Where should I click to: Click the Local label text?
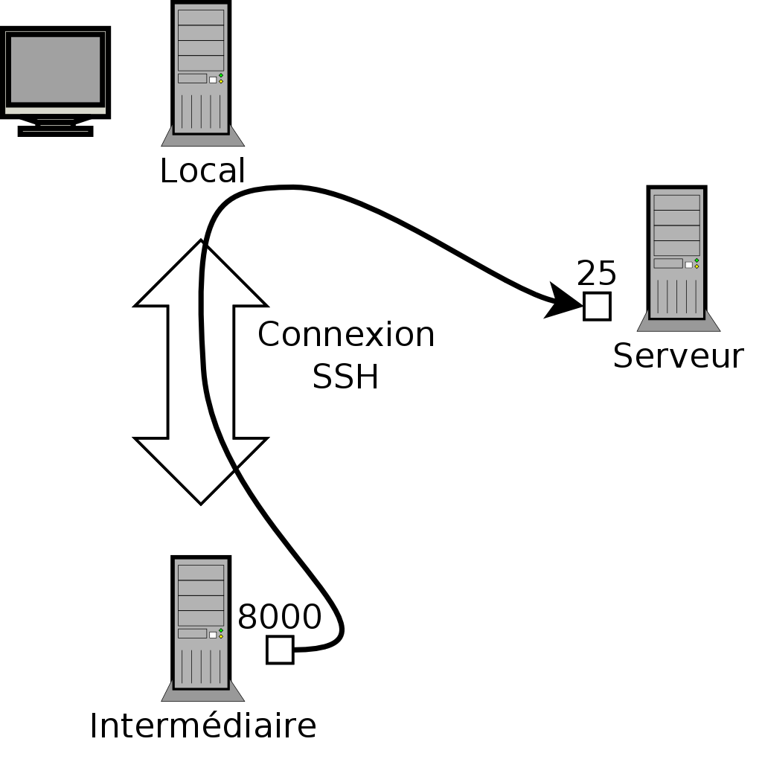click(x=202, y=170)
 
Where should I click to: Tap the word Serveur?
click(x=677, y=356)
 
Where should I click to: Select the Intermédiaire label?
click(x=202, y=726)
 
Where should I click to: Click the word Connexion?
click(x=345, y=335)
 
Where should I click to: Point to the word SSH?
click(x=345, y=377)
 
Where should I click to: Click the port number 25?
click(x=596, y=274)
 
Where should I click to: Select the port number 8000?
click(x=279, y=617)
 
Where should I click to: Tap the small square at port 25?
click(x=597, y=306)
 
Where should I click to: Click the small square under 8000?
click(x=280, y=650)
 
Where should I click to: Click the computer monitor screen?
click(x=55, y=69)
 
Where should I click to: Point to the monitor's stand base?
click(x=55, y=131)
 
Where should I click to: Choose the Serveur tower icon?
click(x=677, y=254)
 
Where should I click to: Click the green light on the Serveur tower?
click(x=697, y=260)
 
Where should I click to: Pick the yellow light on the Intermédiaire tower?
click(x=221, y=636)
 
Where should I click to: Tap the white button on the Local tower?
click(x=213, y=80)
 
